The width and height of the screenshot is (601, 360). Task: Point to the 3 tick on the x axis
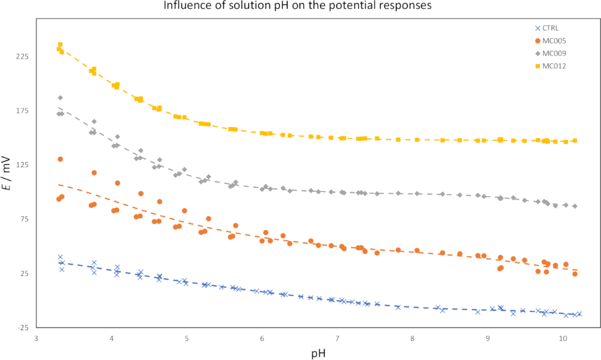click(x=36, y=339)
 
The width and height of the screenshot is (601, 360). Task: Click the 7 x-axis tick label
click(x=337, y=339)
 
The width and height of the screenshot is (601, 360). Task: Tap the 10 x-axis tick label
click(x=563, y=339)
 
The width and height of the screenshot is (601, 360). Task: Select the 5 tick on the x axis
click(x=187, y=339)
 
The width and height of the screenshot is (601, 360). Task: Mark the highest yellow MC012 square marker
click(x=60, y=45)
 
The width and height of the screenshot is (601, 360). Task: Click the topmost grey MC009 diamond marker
click(x=60, y=97)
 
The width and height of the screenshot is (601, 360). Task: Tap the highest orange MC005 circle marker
click(x=60, y=159)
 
